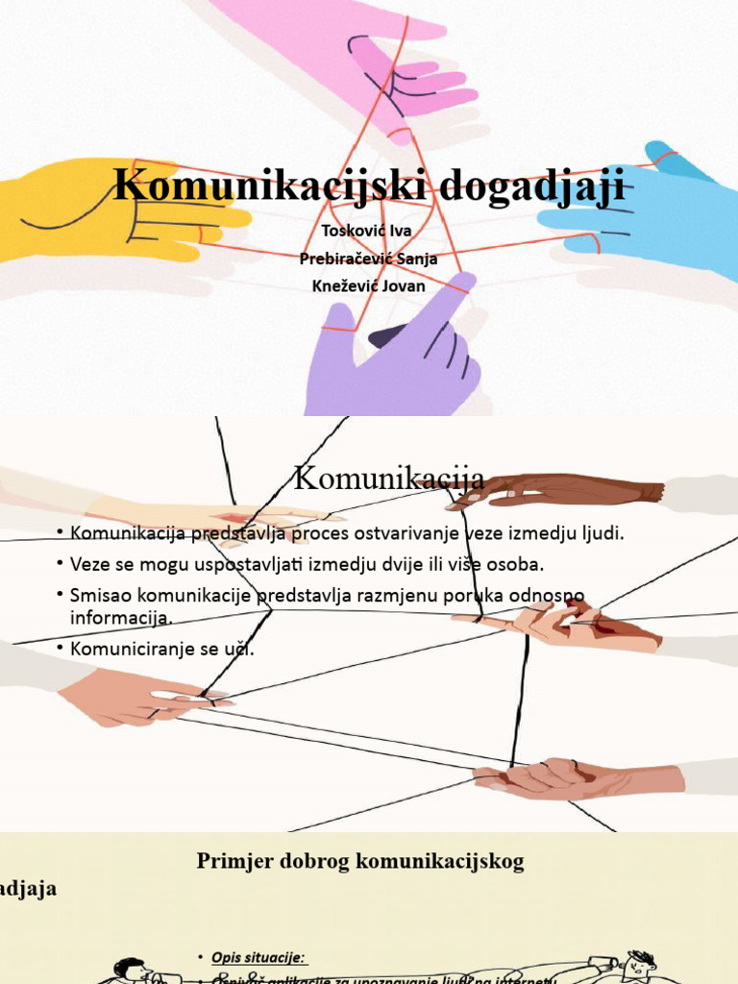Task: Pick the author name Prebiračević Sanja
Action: [x=369, y=258]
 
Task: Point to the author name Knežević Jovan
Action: [x=369, y=285]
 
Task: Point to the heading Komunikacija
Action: [x=388, y=478]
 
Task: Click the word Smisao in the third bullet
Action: [x=100, y=595]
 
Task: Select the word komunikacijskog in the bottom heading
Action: [x=441, y=861]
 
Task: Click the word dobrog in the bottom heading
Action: [x=314, y=861]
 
